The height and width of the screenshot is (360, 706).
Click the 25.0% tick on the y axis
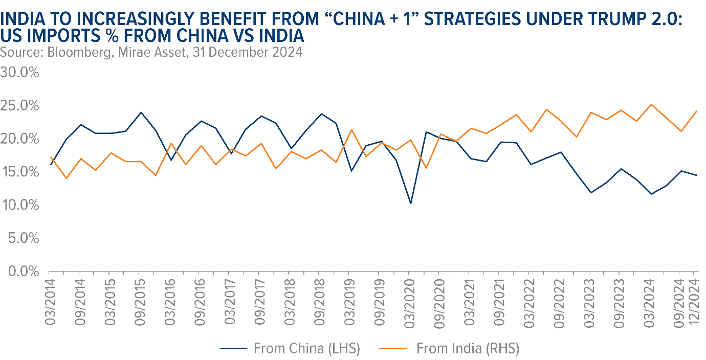pyautogui.click(x=20, y=106)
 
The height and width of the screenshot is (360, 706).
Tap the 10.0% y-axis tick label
pyautogui.click(x=20, y=205)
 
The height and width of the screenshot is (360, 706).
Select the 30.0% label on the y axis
pyautogui.click(x=20, y=73)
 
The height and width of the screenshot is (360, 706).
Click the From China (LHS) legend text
pyautogui.click(x=307, y=349)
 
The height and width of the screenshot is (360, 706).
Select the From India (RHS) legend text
pyautogui.click(x=468, y=349)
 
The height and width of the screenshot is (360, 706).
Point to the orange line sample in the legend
pyautogui.click(x=393, y=349)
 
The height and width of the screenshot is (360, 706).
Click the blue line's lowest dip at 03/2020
pyautogui.click(x=410, y=204)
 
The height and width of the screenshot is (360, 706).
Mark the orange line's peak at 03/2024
pyautogui.click(x=650, y=104)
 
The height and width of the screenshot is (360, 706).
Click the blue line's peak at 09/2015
pyautogui.click(x=140, y=112)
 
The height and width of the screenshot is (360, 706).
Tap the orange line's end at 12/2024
pyautogui.click(x=697, y=111)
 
